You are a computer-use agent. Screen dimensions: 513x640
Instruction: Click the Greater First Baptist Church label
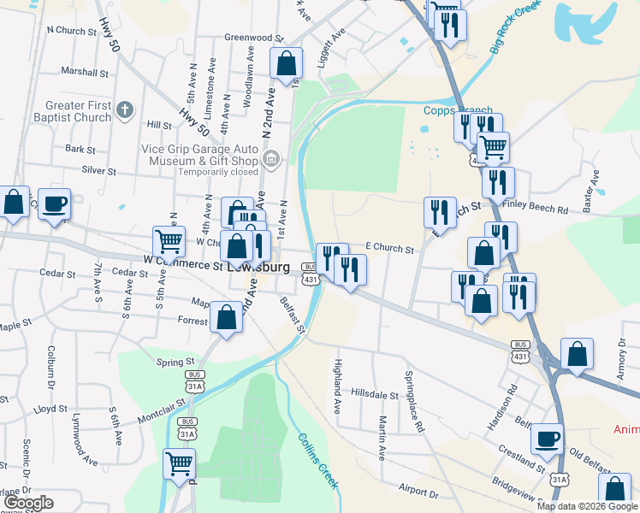click(x=79, y=111)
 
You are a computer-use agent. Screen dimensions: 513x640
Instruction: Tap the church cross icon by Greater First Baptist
click(x=125, y=110)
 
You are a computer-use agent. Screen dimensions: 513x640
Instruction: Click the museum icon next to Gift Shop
click(x=271, y=158)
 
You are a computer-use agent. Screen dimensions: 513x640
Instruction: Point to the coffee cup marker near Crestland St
click(x=547, y=439)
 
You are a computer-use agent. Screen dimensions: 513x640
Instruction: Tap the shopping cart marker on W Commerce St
click(x=169, y=242)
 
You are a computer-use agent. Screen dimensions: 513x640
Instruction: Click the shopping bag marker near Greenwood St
click(x=285, y=63)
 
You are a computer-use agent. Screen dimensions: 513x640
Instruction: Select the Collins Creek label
click(x=319, y=461)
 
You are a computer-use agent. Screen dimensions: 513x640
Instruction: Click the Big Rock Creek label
click(x=516, y=28)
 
